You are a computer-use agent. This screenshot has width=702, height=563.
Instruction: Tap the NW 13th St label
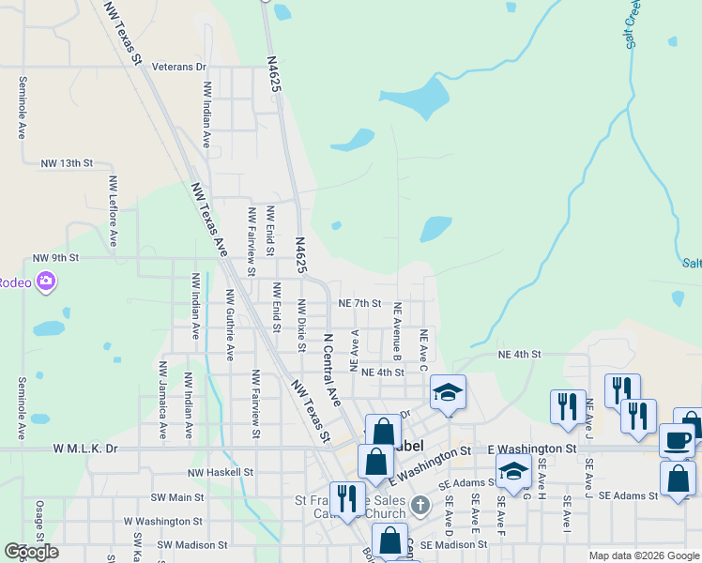pyautogui.click(x=68, y=162)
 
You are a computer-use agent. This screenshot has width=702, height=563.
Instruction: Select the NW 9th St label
pyautogui.click(x=56, y=257)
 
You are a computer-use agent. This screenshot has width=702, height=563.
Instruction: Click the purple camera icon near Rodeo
pyautogui.click(x=46, y=281)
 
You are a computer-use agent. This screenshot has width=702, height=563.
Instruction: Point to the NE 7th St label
pyautogui.click(x=359, y=303)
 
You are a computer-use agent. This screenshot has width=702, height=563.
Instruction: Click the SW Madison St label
pyautogui.click(x=192, y=544)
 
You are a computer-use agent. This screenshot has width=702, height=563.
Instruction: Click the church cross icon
pyautogui.click(x=420, y=506)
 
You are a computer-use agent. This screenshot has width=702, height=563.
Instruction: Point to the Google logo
pyautogui.click(x=31, y=552)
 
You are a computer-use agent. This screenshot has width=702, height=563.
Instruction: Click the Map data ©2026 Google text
pyautogui.click(x=644, y=555)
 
